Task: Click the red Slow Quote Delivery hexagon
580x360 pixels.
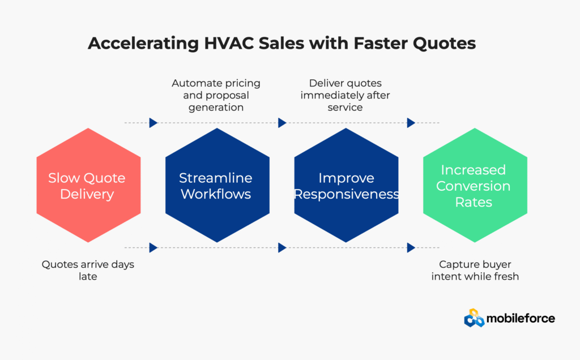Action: tap(88, 185)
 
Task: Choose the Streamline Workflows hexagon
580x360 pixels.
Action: tap(217, 185)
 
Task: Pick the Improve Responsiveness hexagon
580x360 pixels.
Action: tap(346, 185)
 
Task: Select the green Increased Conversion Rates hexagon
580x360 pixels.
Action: tap(475, 185)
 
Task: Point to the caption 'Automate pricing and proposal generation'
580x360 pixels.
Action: tap(216, 95)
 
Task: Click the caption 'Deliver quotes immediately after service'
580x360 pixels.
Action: tap(345, 95)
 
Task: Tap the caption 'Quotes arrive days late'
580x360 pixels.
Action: tap(88, 270)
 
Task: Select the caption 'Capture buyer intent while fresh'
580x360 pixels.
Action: tap(475, 270)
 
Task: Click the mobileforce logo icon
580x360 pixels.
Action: tap(474, 318)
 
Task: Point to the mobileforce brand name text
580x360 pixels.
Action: tap(521, 318)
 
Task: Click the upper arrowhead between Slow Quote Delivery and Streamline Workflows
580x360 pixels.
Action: tap(153, 123)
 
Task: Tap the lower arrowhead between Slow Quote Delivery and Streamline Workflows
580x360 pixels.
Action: tap(153, 247)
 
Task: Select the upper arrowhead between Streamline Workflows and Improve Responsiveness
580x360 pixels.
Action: tap(282, 123)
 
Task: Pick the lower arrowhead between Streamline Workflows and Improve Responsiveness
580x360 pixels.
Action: tap(282, 247)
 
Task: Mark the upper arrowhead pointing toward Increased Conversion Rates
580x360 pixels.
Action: tap(411, 123)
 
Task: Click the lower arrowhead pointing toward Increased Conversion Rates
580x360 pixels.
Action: tap(411, 247)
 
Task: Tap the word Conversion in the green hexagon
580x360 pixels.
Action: tap(473, 186)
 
